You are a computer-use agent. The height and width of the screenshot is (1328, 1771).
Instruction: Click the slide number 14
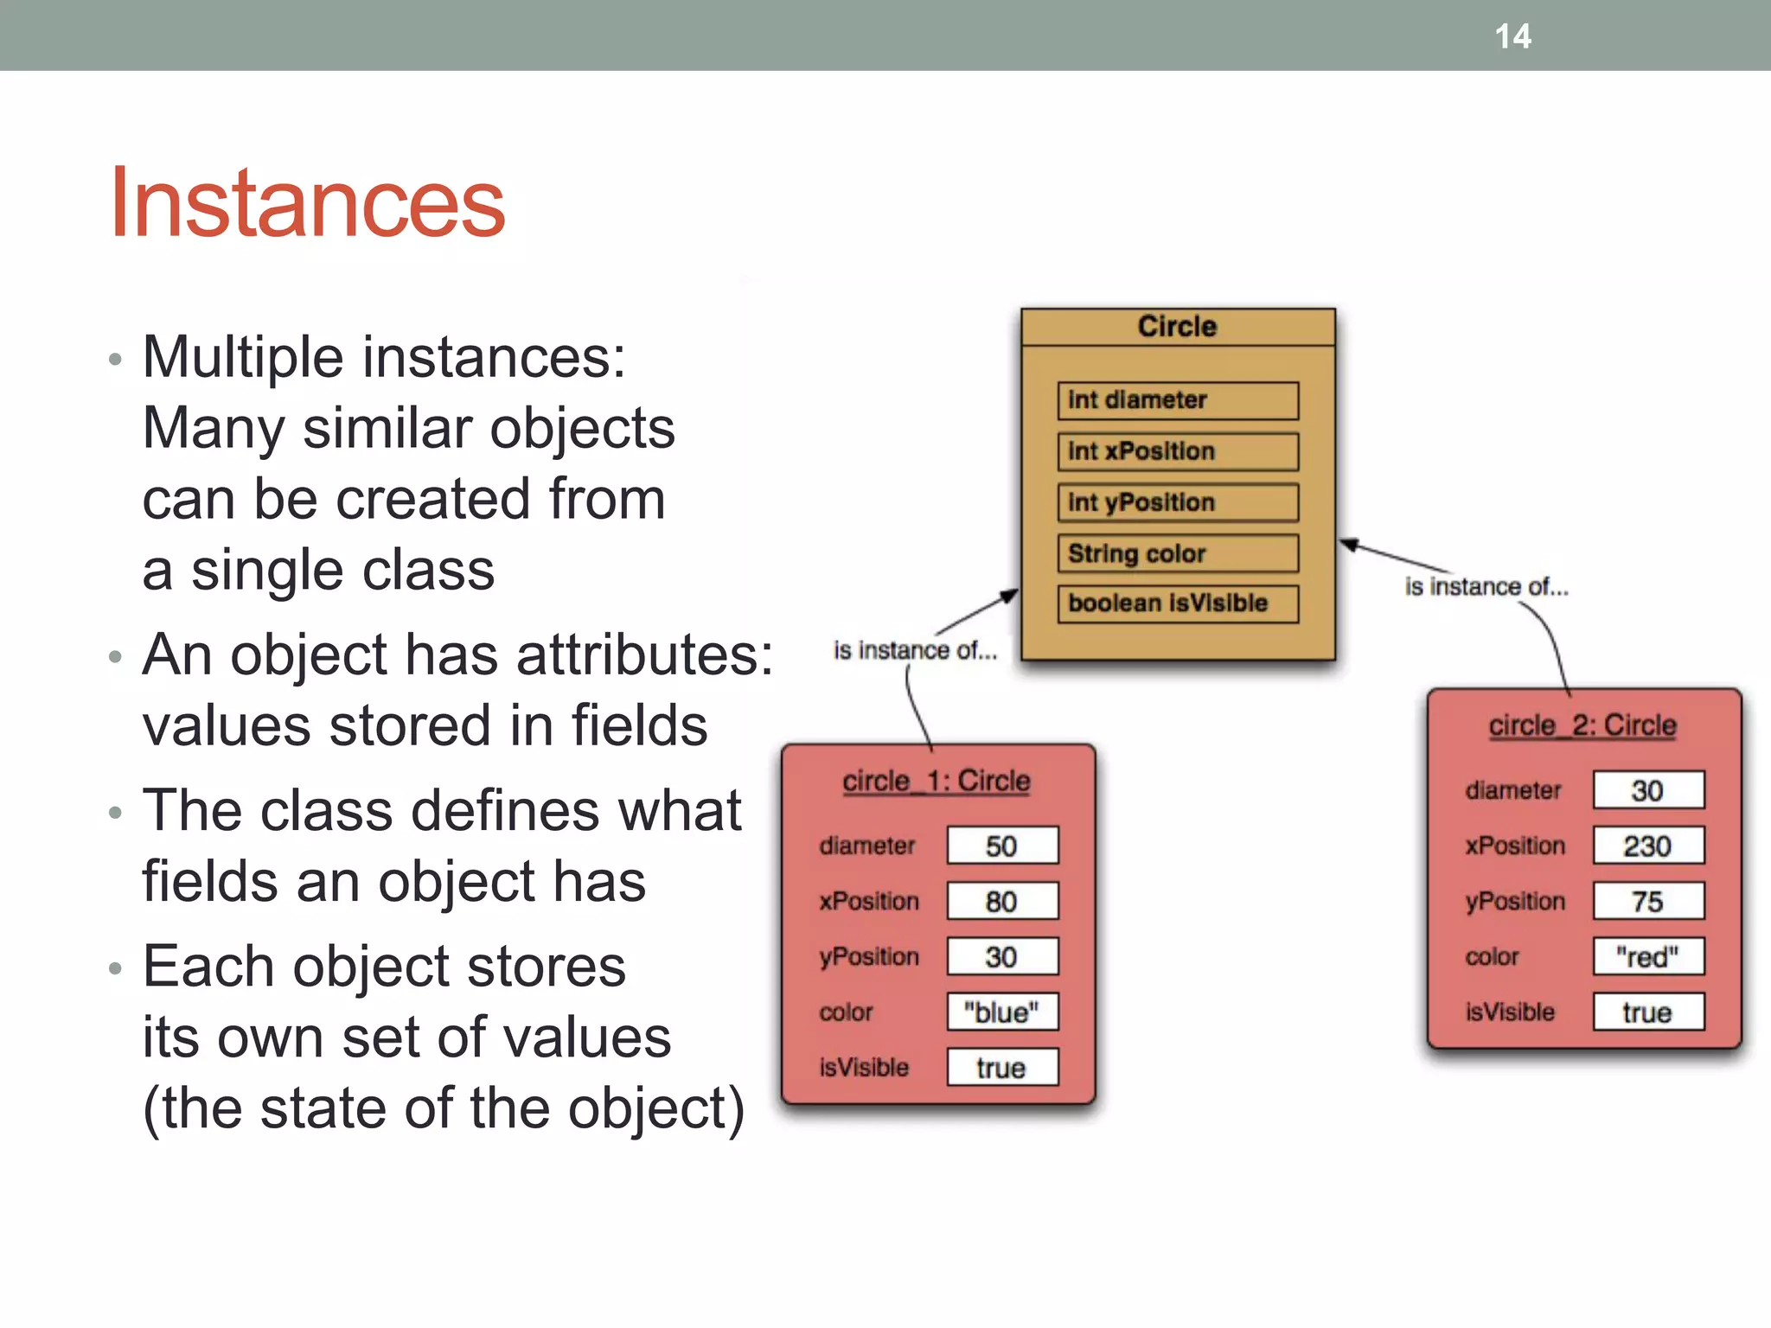point(1512,36)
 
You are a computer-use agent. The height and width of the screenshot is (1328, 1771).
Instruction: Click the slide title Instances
point(307,203)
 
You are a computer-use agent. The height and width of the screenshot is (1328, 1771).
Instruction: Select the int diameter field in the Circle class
point(1177,400)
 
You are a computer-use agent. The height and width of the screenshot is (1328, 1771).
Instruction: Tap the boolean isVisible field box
point(1177,603)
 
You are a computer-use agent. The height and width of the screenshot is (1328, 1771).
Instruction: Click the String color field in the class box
point(1177,553)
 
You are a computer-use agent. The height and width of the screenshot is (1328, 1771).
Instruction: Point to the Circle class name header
point(1177,327)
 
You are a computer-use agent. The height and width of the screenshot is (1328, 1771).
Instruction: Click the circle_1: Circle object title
point(937,781)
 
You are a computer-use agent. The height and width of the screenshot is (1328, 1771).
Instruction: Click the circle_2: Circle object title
point(1582,725)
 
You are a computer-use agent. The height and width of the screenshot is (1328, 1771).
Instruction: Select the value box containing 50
point(1002,846)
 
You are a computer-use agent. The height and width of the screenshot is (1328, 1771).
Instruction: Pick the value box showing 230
point(1648,846)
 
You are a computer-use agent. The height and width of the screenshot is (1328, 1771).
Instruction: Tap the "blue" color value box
point(1002,1012)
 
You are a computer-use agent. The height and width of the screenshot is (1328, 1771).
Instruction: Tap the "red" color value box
point(1648,956)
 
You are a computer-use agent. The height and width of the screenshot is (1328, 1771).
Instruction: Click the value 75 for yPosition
point(1648,901)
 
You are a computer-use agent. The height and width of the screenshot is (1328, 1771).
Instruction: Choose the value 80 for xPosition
point(1002,901)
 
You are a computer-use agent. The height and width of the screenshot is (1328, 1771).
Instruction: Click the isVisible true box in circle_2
point(1648,1012)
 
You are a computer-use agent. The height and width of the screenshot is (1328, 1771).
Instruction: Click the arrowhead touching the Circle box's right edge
point(1349,545)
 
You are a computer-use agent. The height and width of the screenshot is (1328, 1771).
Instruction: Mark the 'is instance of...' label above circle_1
point(915,650)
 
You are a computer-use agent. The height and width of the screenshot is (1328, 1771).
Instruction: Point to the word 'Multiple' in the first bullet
point(243,357)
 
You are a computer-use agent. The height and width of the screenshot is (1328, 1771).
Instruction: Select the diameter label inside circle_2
point(1512,790)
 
